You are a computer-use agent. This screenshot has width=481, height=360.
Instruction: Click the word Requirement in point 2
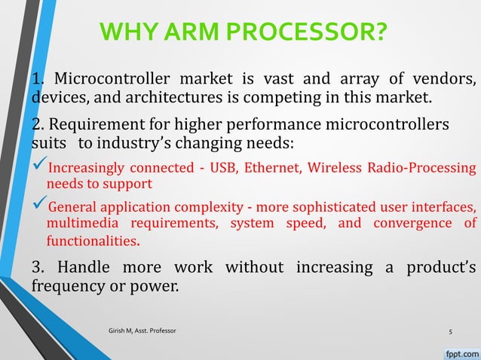tap(87, 123)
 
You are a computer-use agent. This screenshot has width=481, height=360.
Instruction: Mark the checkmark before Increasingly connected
tap(38, 166)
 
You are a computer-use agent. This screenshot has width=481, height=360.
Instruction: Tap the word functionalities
tap(93, 242)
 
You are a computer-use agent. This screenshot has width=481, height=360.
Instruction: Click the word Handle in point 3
tap(88, 267)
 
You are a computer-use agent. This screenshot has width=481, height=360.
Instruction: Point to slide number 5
tap(450, 331)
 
